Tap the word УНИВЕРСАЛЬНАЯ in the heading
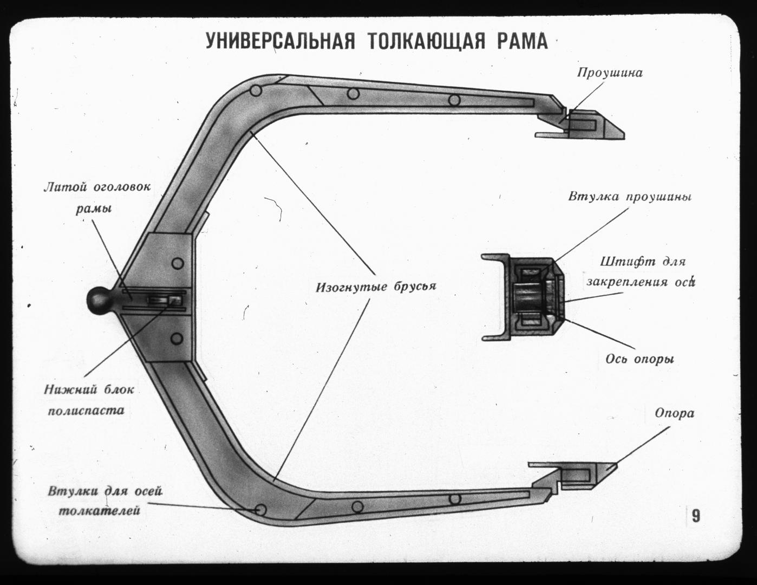click(280, 41)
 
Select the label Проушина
click(610, 73)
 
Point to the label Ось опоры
click(640, 359)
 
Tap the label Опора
click(675, 414)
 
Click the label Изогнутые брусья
click(376, 287)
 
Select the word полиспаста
click(86, 411)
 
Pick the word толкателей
click(99, 511)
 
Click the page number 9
click(696, 516)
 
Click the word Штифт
click(620, 262)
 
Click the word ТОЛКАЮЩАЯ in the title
click(426, 42)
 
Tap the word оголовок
click(122, 187)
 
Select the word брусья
click(415, 287)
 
